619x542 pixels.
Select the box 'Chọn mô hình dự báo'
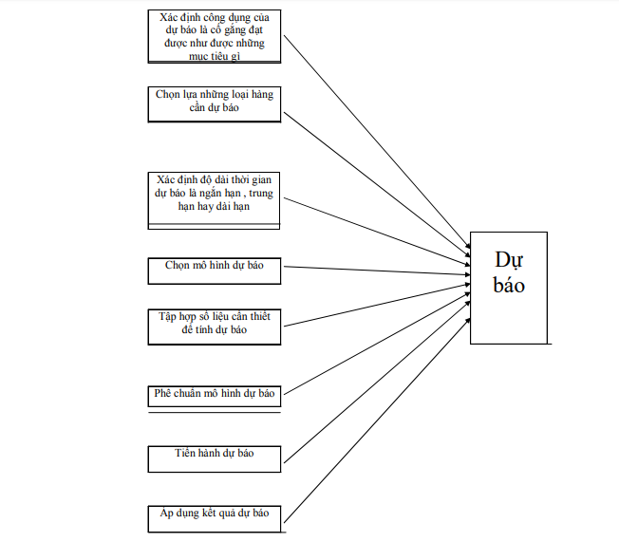coord(215,270)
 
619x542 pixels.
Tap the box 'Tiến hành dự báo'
coord(215,458)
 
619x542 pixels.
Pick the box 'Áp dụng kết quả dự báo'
coord(215,518)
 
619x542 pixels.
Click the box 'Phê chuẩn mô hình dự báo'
coord(215,394)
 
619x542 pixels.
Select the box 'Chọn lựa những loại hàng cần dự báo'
coord(215,103)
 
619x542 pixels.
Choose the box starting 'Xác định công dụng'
coord(215,37)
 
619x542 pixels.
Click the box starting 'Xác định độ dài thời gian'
coord(215,197)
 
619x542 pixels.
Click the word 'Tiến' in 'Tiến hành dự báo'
coord(185,454)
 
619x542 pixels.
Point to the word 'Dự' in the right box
coord(509,261)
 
